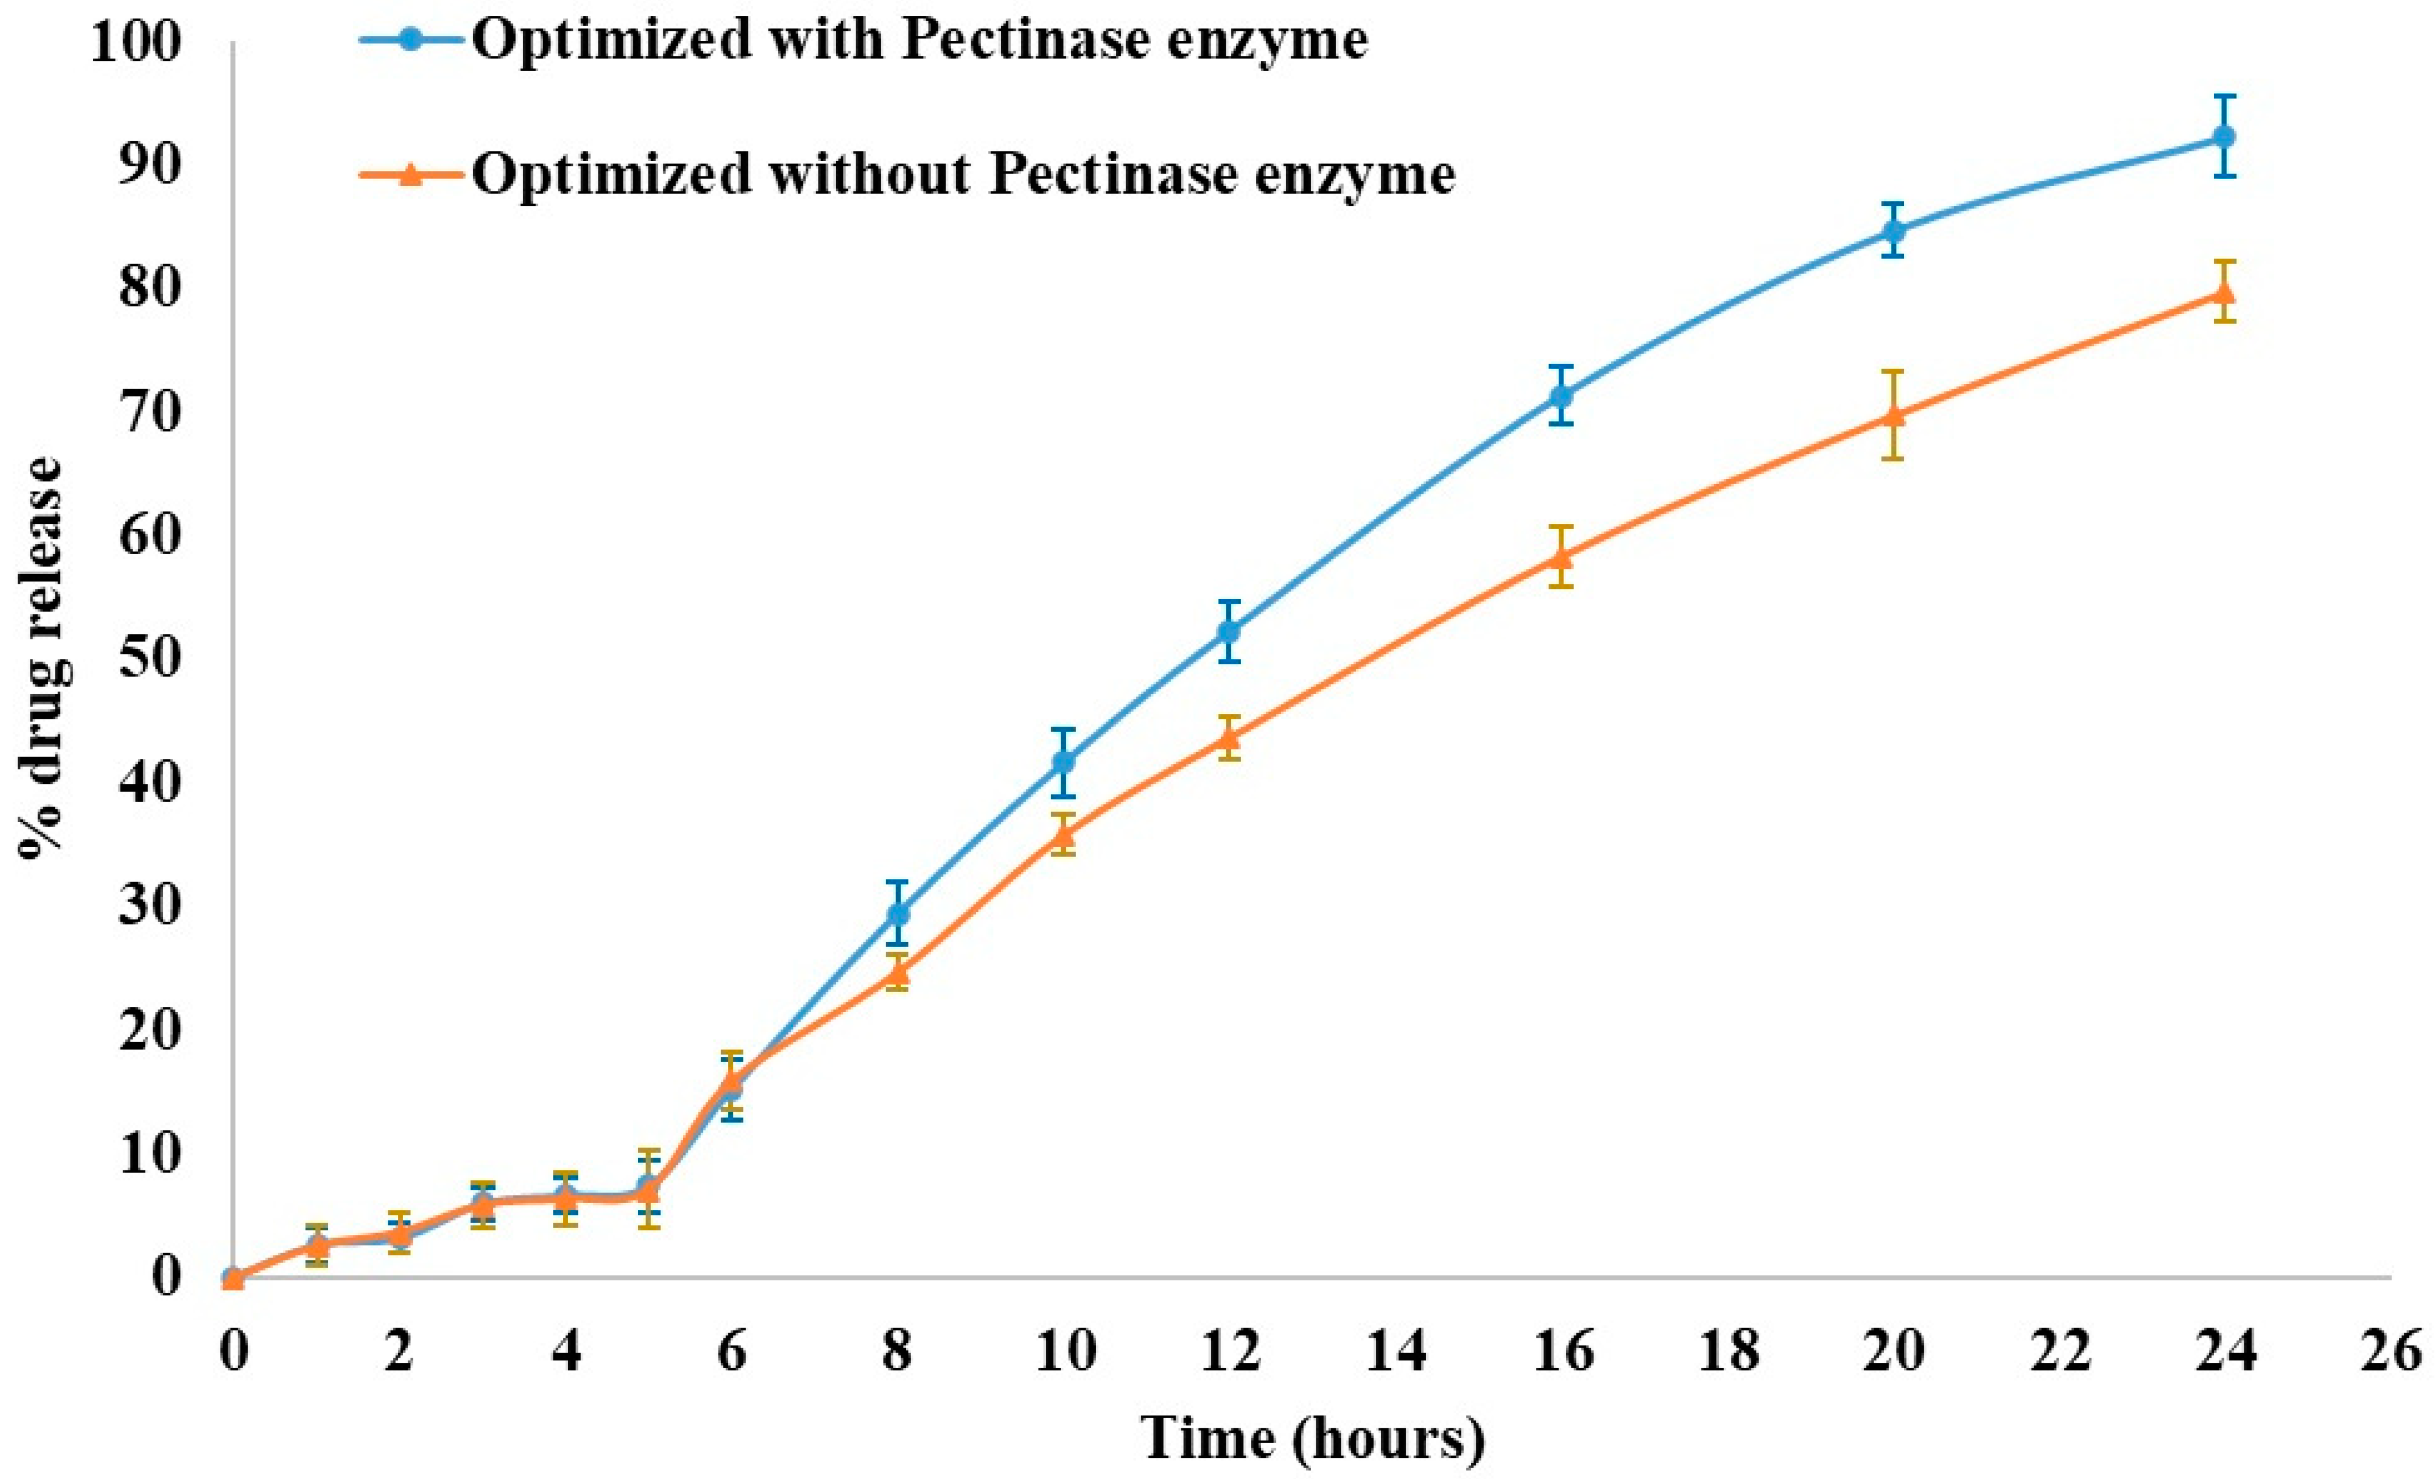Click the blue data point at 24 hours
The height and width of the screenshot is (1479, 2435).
click(2224, 137)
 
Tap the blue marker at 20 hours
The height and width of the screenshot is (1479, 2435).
click(1892, 231)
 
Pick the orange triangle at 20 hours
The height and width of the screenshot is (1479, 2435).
click(1892, 415)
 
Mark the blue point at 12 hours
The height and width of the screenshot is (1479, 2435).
click(1229, 631)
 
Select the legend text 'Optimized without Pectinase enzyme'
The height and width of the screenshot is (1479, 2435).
click(963, 174)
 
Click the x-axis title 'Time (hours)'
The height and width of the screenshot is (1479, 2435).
click(1312, 1439)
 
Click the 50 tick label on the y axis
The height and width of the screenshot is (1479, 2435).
click(150, 657)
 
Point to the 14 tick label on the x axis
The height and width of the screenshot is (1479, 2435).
click(1394, 1350)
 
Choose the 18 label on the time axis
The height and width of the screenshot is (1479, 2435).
click(1727, 1350)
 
